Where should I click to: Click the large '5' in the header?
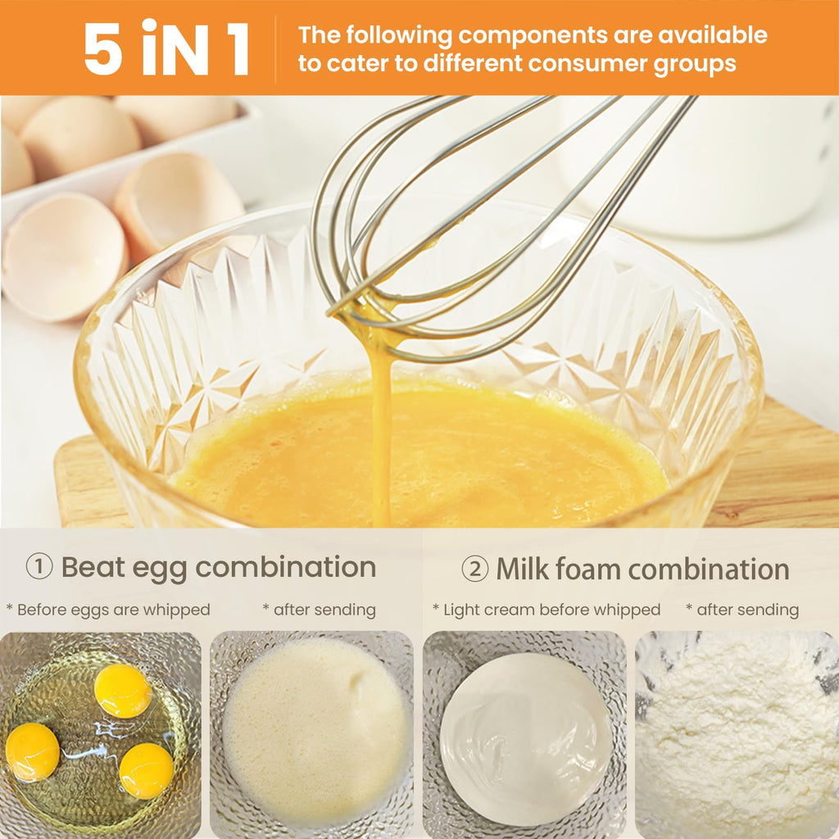click(x=102, y=48)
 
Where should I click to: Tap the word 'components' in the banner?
click(x=533, y=36)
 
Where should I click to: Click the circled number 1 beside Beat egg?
click(x=39, y=566)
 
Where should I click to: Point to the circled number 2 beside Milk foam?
click(x=474, y=569)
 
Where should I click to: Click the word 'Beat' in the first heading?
click(x=93, y=567)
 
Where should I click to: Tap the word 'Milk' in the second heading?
click(x=522, y=569)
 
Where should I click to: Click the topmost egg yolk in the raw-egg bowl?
click(x=123, y=691)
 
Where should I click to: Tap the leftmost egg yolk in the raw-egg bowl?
click(x=32, y=752)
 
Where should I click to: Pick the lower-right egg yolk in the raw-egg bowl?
click(x=146, y=771)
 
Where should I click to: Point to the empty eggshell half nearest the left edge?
click(x=63, y=256)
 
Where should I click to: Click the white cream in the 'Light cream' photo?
click(x=525, y=739)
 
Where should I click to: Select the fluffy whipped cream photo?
click(x=737, y=735)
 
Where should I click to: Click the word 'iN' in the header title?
click(x=175, y=48)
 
